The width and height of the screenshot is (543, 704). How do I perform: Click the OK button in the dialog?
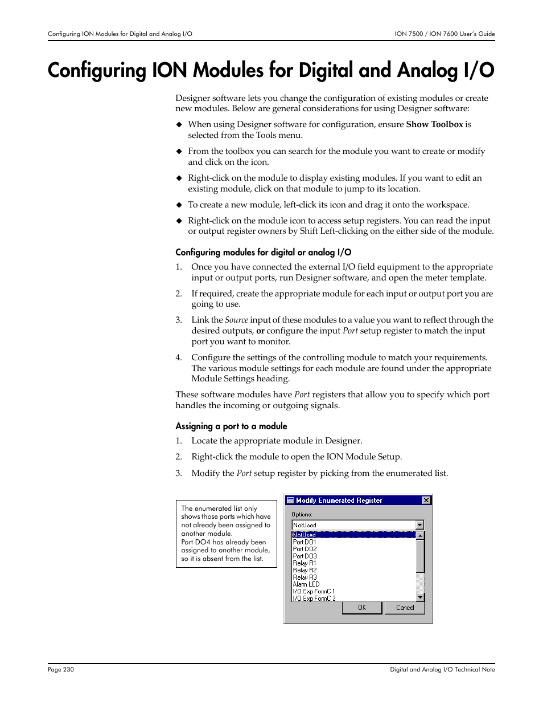point(362,608)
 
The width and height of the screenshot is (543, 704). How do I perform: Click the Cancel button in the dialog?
point(405,608)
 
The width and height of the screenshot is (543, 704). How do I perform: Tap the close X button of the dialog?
point(426,500)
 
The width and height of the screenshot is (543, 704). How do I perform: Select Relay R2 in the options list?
point(305,570)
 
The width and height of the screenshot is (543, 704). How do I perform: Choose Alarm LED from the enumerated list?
point(306,584)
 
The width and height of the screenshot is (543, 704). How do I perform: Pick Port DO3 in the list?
point(305,556)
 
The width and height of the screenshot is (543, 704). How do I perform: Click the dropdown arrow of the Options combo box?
point(420,525)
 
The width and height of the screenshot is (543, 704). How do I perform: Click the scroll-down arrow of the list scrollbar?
point(421,597)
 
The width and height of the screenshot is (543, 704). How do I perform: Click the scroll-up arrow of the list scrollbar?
point(421,536)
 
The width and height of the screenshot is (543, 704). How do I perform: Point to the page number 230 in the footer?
point(68,670)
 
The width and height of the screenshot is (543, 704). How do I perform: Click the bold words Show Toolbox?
point(434,124)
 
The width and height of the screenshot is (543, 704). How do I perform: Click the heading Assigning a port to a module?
point(231,426)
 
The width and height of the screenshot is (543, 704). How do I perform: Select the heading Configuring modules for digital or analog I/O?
point(263,253)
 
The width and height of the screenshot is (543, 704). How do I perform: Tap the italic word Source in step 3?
point(236,320)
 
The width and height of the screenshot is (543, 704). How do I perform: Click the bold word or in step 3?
point(260,331)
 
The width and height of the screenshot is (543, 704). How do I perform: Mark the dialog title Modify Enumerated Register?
point(339,500)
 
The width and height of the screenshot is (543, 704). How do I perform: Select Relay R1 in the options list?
point(305,563)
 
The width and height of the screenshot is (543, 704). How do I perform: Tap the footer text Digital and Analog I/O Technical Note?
point(442,670)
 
